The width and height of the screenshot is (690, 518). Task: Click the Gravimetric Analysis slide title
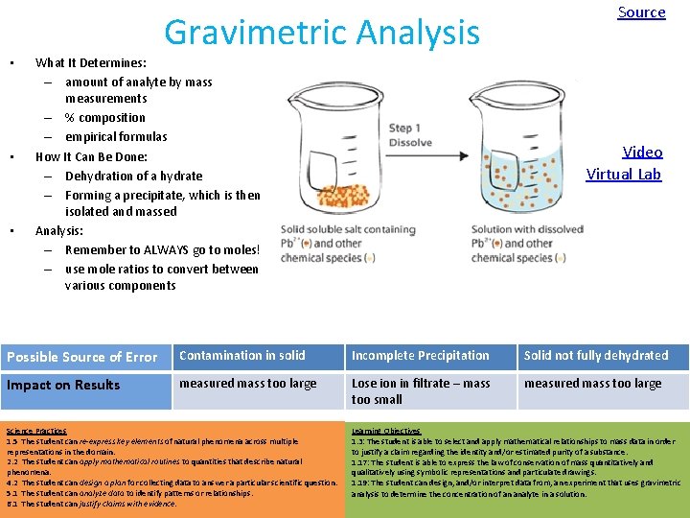click(x=321, y=34)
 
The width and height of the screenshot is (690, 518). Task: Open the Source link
click(x=641, y=12)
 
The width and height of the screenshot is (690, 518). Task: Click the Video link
click(x=642, y=152)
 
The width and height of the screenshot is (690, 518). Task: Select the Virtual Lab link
click(x=624, y=175)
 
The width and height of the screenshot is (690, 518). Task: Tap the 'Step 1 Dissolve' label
click(x=410, y=135)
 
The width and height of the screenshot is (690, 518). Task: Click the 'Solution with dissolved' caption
click(x=527, y=229)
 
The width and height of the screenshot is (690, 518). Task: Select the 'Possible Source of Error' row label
click(x=82, y=357)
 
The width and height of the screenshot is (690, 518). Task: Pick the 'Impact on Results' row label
click(x=63, y=385)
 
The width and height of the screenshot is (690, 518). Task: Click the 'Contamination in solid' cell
click(x=242, y=355)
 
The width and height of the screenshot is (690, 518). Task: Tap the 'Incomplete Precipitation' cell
click(x=420, y=355)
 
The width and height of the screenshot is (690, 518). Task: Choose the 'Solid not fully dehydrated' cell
click(x=596, y=355)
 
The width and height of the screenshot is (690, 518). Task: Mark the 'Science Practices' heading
click(x=36, y=432)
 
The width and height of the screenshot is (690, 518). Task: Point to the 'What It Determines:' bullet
click(x=91, y=62)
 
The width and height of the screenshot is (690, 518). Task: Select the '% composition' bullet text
click(x=105, y=118)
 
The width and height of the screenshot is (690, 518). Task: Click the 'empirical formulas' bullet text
click(x=116, y=137)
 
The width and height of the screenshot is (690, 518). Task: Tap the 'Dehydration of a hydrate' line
click(x=133, y=176)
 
